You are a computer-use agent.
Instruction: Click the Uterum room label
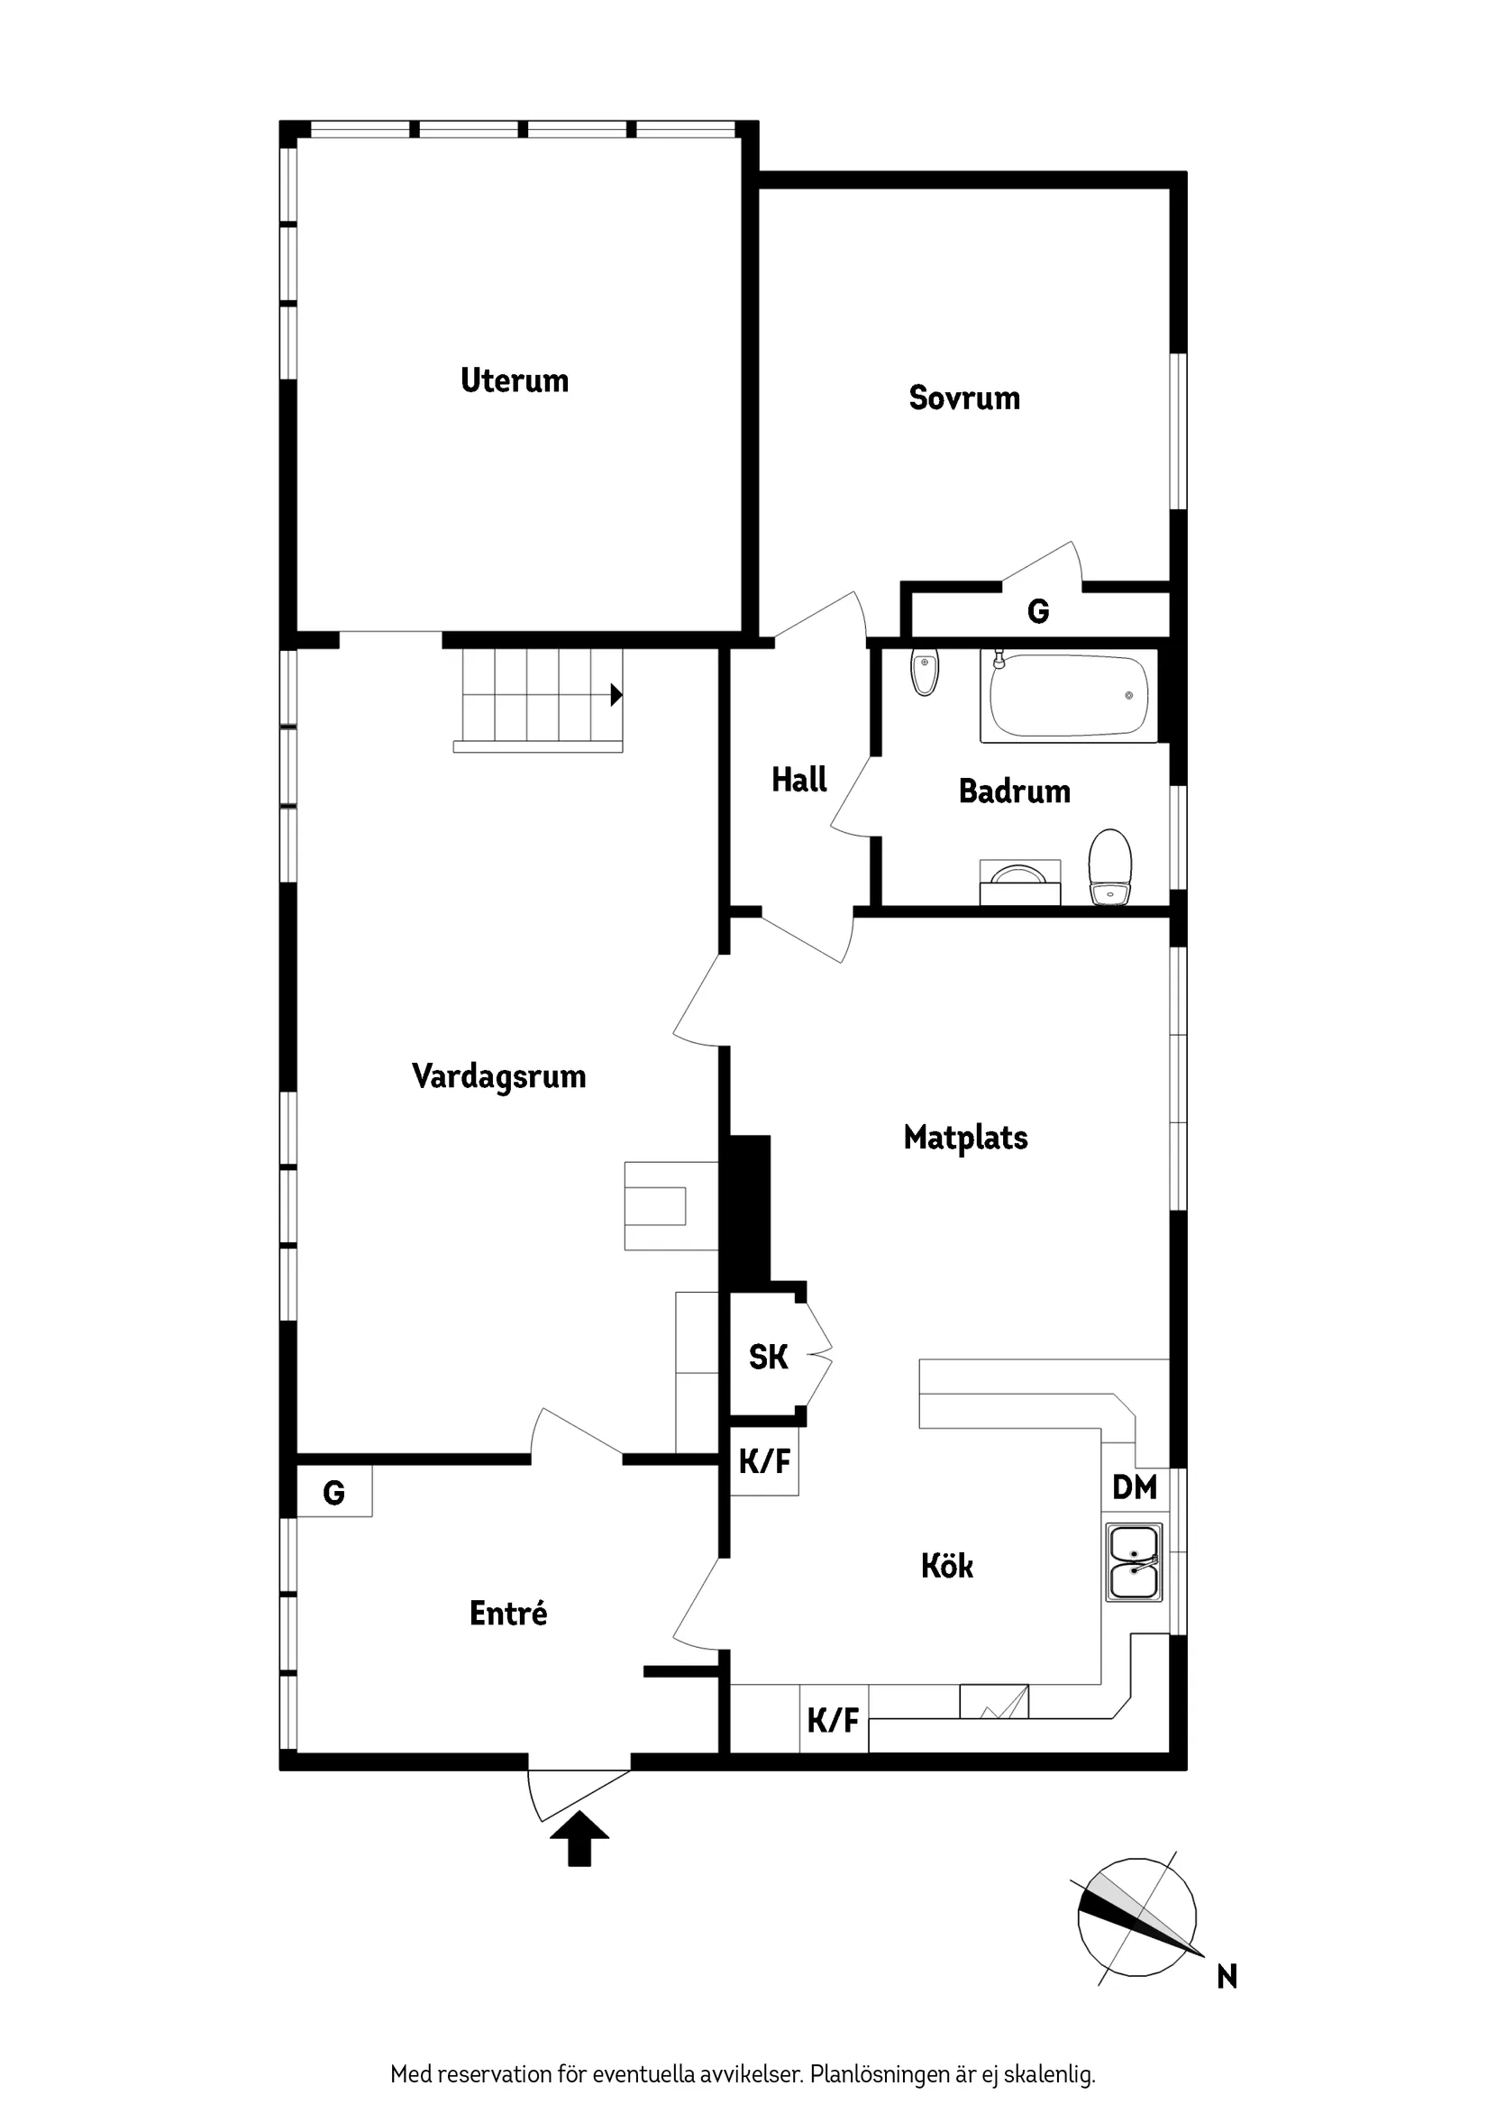point(514,380)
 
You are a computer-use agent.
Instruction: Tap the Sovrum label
point(964,398)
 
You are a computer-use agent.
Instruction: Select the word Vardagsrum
point(498,1075)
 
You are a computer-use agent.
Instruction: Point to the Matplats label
point(965,1138)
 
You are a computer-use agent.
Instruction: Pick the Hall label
point(799,780)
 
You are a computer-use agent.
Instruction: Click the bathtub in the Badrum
point(1067,696)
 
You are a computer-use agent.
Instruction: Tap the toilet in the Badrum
point(1109,866)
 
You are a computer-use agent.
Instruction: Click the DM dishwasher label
point(1135,1487)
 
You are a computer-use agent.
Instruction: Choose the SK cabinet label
point(768,1358)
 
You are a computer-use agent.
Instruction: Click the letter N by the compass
point(1227,1977)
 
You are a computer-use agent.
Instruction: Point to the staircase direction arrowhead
point(616,695)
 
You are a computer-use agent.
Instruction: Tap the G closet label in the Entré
point(333,1493)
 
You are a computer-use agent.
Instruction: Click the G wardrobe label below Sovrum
point(1037,611)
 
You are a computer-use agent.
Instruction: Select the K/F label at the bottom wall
point(833,1720)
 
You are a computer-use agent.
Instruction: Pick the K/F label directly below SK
point(764,1460)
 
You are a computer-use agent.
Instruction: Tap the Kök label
point(946,1566)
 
